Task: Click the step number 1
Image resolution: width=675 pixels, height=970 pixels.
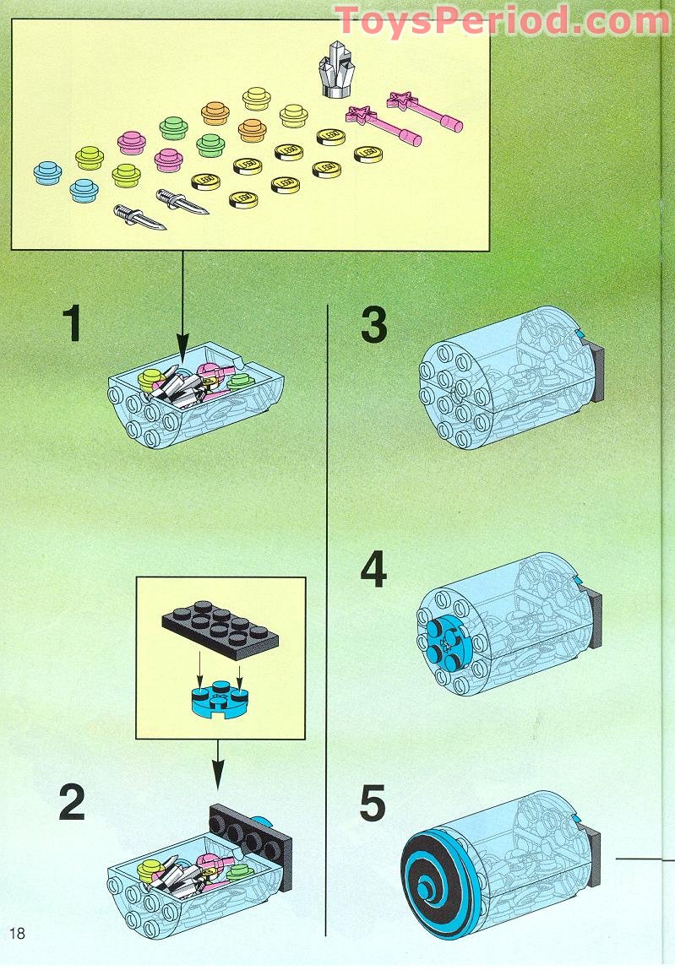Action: tap(73, 324)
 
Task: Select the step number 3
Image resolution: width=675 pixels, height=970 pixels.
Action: tap(373, 326)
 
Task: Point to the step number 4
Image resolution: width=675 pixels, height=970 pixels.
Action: tap(373, 571)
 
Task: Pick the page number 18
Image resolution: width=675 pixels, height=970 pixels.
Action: tap(17, 933)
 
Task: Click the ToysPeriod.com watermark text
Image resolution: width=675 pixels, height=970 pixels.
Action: tap(502, 19)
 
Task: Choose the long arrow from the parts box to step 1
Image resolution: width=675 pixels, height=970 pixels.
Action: tap(182, 304)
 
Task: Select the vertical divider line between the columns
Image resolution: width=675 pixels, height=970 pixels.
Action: tap(326, 616)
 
